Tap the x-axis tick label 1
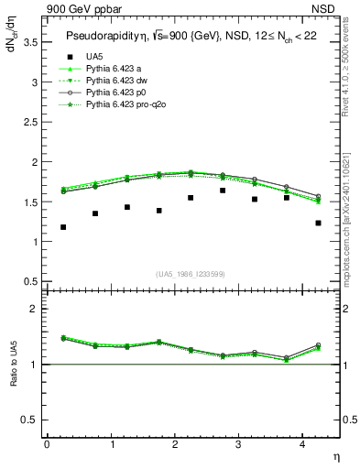111,444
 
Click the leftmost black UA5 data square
63,227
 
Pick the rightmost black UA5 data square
318,223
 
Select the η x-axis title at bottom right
335,455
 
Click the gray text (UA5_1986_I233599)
192,274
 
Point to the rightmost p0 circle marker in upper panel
318,196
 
